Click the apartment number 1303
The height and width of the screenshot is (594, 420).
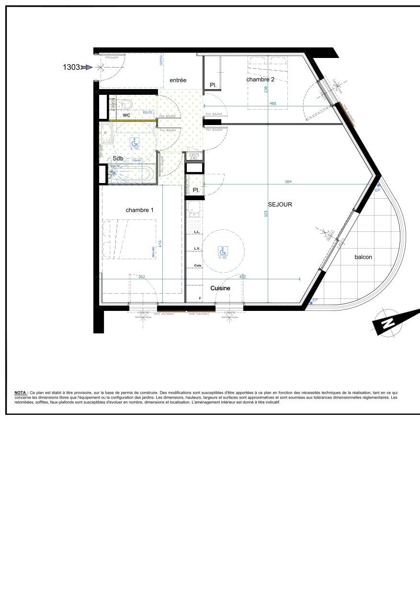click(x=71, y=68)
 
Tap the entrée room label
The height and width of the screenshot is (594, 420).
click(x=178, y=80)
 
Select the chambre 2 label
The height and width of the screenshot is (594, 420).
click(x=261, y=80)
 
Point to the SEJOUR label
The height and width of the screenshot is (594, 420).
click(x=280, y=205)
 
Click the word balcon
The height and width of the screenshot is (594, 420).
click(x=363, y=257)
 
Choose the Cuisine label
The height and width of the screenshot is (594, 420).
click(x=220, y=288)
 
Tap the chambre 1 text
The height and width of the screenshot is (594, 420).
click(x=140, y=210)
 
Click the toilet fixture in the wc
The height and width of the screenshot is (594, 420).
click(x=126, y=104)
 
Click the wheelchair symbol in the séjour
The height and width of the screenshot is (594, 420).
click(x=223, y=251)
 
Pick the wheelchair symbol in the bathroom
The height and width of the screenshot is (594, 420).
click(x=135, y=142)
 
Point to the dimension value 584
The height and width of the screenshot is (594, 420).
click(x=288, y=182)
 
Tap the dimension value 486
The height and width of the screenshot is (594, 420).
click(x=272, y=103)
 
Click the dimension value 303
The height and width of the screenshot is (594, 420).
click(x=141, y=276)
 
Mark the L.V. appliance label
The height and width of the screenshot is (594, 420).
click(x=197, y=249)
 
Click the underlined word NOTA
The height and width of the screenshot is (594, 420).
click(x=21, y=392)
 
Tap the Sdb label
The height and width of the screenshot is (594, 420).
click(x=118, y=159)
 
